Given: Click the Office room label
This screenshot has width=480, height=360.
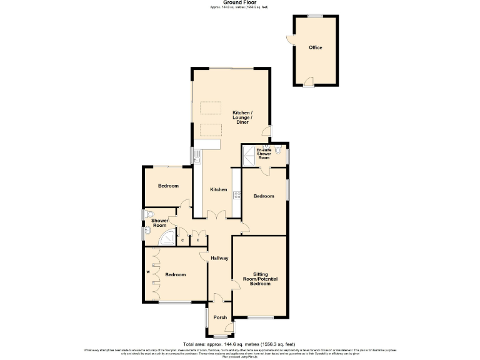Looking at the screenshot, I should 315,47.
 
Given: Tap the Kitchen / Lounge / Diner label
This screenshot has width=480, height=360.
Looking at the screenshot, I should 242,117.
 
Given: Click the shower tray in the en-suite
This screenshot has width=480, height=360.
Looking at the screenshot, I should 247,156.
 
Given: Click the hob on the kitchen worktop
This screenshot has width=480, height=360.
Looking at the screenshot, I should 237,195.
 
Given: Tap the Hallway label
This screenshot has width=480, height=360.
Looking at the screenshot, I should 219,258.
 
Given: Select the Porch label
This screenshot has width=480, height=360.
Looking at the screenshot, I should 220,317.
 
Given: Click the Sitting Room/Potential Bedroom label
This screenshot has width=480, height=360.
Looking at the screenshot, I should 261,279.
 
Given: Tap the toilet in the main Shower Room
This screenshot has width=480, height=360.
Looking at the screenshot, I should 147,214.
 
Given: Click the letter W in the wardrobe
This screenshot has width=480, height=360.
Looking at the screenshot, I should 148,272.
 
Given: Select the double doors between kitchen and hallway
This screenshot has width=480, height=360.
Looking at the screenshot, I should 216,216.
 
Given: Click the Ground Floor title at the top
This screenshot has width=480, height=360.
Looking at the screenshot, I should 239,2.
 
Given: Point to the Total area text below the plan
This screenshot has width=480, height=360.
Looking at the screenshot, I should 239,344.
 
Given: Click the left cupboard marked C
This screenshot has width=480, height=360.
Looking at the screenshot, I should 182,240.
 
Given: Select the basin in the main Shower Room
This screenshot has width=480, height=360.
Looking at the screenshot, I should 144,232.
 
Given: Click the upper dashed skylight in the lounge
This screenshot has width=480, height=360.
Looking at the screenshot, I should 211,108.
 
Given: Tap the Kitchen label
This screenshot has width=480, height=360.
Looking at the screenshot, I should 218,189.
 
